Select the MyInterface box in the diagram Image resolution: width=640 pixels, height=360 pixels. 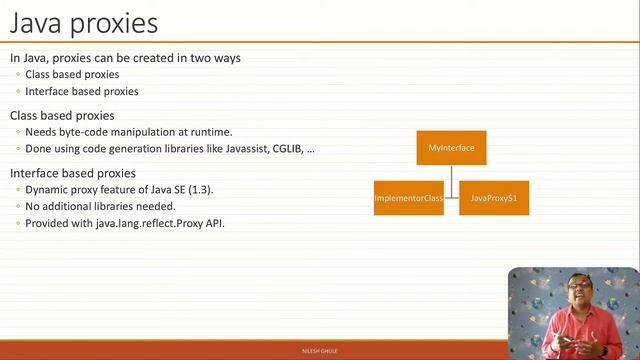(x=451, y=148)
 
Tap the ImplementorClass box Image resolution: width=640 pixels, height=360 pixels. (x=408, y=198)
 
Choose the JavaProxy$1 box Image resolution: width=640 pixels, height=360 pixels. (x=494, y=198)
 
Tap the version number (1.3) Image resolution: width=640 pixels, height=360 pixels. (x=201, y=190)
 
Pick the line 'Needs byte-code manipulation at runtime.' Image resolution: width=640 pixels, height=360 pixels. (x=128, y=132)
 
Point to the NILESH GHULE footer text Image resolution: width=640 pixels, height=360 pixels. (x=319, y=353)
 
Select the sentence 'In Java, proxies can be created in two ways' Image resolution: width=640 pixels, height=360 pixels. (x=125, y=58)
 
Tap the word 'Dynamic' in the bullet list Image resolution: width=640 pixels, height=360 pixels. (x=46, y=190)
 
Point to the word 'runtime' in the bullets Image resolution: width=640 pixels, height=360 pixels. (x=211, y=132)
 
